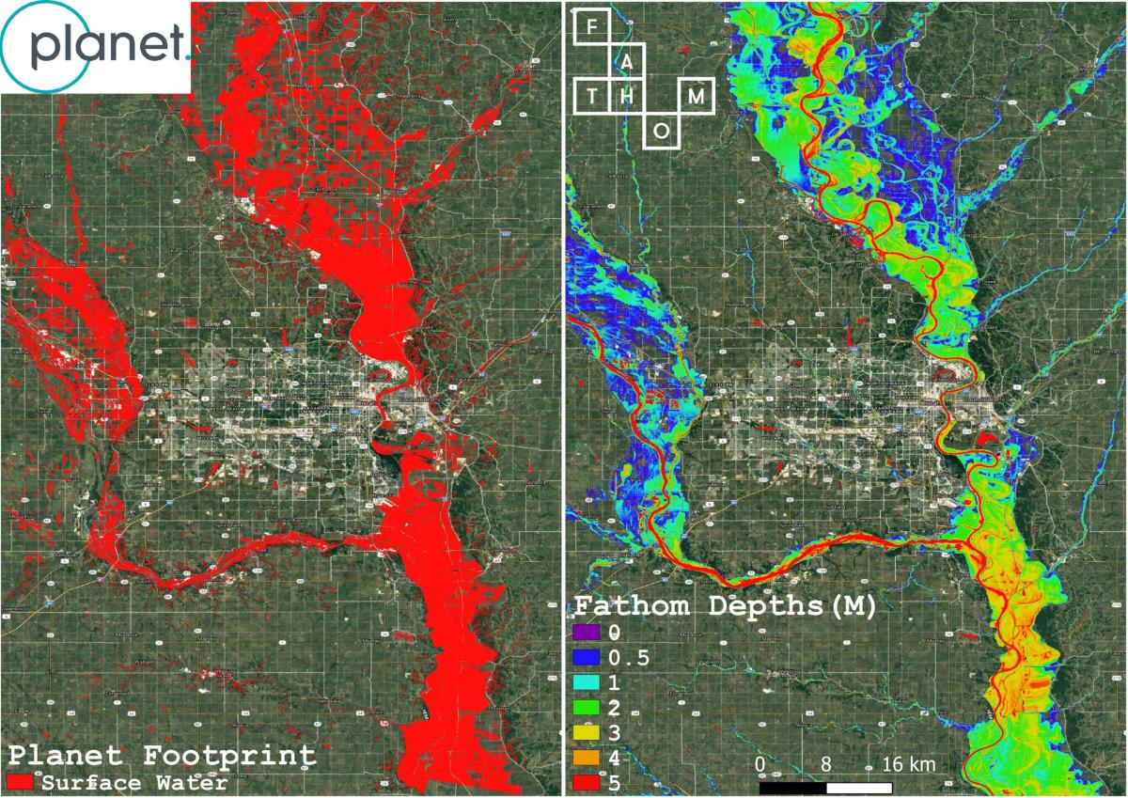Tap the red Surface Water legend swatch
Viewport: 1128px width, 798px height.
pyautogui.click(x=20, y=782)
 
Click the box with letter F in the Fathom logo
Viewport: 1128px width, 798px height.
pyautogui.click(x=591, y=26)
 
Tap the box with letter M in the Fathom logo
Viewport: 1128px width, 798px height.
pyautogui.click(x=696, y=96)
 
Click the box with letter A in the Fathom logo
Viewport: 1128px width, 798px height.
pyautogui.click(x=626, y=62)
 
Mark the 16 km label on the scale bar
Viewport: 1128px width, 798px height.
pyautogui.click(x=907, y=764)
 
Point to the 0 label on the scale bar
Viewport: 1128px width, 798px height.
pyautogui.click(x=760, y=764)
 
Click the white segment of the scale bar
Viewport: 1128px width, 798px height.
pyautogui.click(x=858, y=788)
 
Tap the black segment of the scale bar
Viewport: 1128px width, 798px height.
pyautogui.click(x=792, y=788)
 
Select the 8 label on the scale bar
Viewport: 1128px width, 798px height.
pyautogui.click(x=825, y=764)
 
